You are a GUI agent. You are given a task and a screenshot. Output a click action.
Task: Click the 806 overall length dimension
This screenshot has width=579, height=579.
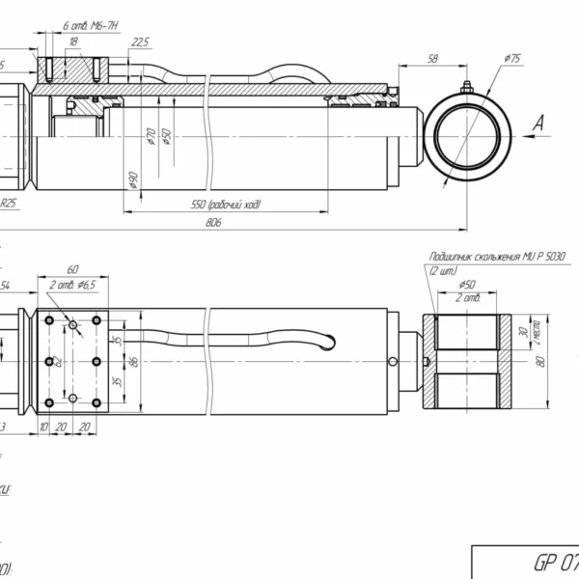(x=213, y=223)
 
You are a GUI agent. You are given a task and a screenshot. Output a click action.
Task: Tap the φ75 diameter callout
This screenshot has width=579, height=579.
(x=511, y=60)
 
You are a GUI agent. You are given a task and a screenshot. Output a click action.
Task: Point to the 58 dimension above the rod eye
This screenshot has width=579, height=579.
(x=431, y=60)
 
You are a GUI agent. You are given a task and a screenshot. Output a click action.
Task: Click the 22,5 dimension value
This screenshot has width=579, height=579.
(x=141, y=41)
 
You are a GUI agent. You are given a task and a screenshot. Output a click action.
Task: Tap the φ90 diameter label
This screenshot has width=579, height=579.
(x=132, y=179)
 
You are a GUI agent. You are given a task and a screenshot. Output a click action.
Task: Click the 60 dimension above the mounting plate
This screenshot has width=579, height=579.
(x=72, y=271)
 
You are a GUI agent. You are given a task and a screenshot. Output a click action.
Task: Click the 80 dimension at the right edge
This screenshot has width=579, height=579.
(x=541, y=361)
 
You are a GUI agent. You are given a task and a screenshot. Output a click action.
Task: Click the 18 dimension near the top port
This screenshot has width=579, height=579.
(x=72, y=41)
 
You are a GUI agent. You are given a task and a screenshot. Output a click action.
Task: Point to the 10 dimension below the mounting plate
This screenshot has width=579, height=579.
(x=44, y=426)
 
